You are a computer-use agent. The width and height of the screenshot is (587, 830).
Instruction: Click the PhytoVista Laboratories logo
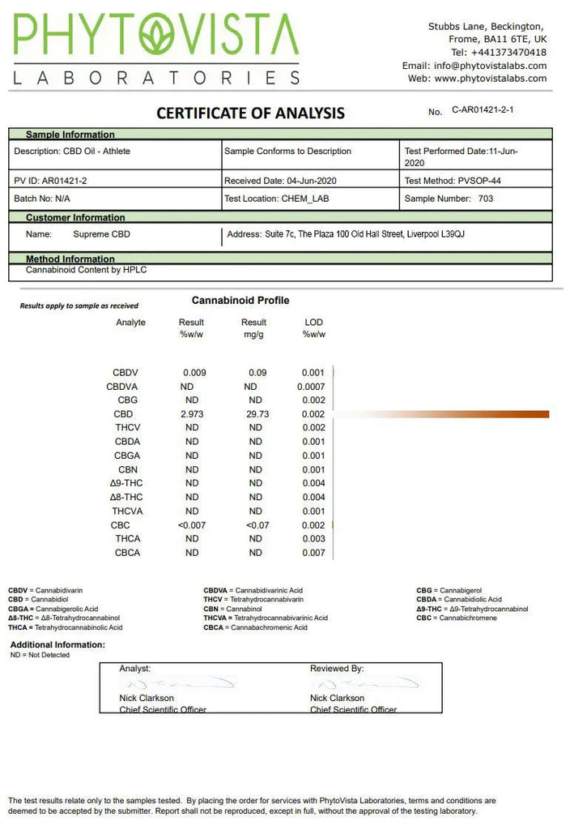tap(156, 49)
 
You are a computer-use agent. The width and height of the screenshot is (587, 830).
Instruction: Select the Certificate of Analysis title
tap(250, 113)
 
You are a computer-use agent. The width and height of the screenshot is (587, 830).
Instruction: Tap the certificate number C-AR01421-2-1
tap(483, 109)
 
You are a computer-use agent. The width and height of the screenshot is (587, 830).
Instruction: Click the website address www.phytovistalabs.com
tap(490, 79)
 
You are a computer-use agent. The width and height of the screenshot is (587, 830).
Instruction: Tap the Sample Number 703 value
tap(485, 198)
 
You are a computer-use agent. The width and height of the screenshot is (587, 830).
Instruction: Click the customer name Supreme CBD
tap(101, 234)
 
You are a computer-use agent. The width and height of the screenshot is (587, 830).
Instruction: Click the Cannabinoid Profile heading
tap(240, 301)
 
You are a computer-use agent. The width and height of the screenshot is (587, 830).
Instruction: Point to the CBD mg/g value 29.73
tap(256, 414)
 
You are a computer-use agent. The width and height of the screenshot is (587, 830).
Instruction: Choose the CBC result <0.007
tap(192, 525)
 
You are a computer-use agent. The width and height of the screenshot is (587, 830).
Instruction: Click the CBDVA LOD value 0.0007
tap(311, 387)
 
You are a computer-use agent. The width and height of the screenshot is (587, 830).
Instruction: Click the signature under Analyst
tap(178, 683)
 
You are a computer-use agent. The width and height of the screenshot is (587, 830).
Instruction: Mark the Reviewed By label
tap(336, 669)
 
